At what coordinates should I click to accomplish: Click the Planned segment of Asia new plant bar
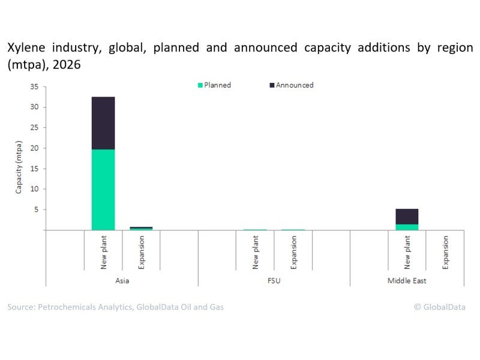click(103, 189)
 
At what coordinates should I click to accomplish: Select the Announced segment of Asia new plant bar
click(103, 123)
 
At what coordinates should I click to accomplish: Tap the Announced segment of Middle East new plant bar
click(407, 216)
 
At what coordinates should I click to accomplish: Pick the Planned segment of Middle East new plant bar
click(407, 227)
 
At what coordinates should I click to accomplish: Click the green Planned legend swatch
click(200, 85)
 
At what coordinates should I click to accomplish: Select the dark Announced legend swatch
click(272, 85)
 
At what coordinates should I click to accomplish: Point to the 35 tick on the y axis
click(34, 87)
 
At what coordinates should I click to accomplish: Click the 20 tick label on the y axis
click(34, 148)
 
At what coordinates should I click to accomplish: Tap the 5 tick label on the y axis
click(37, 209)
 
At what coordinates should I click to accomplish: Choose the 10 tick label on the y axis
click(34, 189)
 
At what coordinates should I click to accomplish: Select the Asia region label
click(122, 280)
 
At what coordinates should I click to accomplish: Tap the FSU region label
click(274, 280)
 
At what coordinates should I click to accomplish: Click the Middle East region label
click(426, 280)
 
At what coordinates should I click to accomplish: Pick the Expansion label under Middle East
click(445, 253)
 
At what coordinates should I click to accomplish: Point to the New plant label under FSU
click(255, 252)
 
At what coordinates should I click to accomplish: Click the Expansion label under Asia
click(141, 253)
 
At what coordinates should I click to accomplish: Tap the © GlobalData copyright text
click(439, 307)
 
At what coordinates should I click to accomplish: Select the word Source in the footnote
click(21, 307)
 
